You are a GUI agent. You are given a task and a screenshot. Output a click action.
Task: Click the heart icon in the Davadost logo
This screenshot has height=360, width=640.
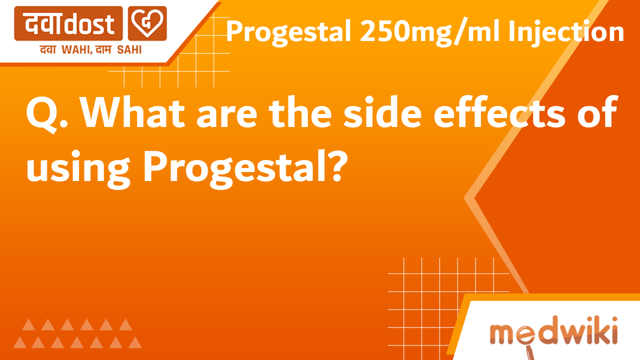147,23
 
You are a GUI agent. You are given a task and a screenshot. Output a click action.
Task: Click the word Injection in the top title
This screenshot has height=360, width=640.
566,32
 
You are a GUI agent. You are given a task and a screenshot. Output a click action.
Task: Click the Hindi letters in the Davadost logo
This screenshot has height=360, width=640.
45,23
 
